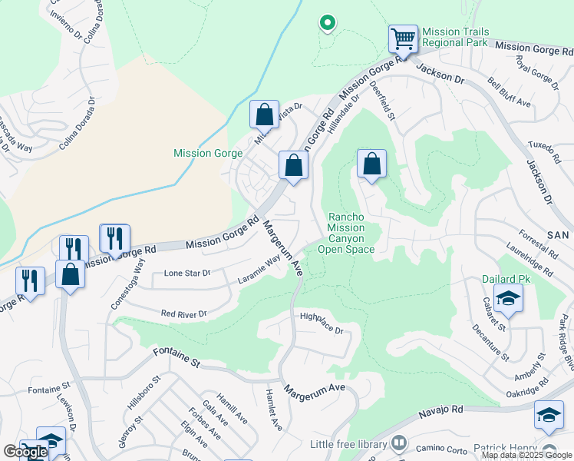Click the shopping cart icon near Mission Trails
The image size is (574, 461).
point(403,38)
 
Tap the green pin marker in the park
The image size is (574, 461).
point(327,23)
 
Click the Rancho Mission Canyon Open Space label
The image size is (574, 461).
point(351,233)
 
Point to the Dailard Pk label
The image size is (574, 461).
point(502,280)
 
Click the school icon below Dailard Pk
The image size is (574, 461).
point(507,298)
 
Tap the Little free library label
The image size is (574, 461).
point(348,444)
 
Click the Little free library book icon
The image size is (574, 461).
point(398,443)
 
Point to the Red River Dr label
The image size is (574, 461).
point(184,313)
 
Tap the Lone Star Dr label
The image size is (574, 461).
point(187,274)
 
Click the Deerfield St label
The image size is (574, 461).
point(384,102)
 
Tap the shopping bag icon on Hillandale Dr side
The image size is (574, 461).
point(371,164)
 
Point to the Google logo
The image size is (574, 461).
point(25,452)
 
